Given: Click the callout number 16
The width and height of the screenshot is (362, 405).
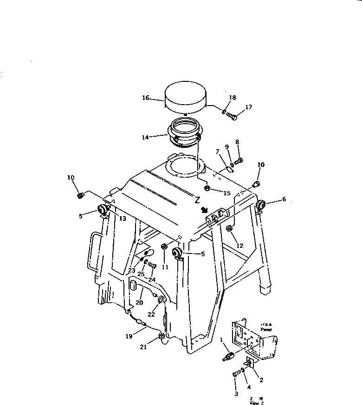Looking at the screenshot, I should [x=145, y=98].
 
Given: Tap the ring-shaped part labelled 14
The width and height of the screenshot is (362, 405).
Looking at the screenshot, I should [x=185, y=134].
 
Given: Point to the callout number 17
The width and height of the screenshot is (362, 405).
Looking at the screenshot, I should [x=249, y=107].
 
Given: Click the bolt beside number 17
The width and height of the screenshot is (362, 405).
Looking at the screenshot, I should [x=232, y=116].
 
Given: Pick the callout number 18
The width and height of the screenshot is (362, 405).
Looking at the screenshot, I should [x=233, y=98].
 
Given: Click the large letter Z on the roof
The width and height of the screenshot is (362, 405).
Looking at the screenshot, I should [x=197, y=200].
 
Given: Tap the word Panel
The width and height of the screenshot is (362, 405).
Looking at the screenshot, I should [x=266, y=329].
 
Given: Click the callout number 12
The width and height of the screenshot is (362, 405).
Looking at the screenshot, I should [x=239, y=246].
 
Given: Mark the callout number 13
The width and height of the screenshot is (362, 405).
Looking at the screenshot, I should [x=123, y=218].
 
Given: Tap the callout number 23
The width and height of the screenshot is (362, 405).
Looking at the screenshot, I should [x=132, y=271].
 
